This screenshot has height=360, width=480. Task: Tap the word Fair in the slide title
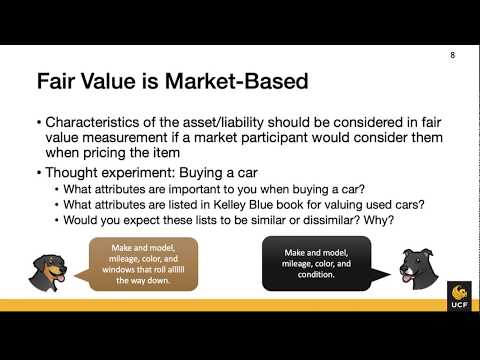[58, 79]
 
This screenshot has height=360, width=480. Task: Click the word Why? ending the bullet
[395, 221]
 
